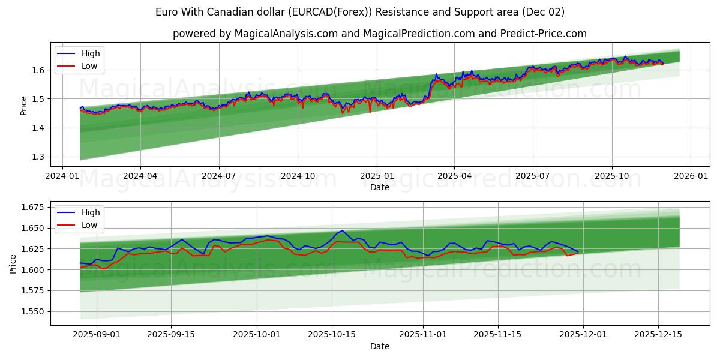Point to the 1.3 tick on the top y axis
tap(38, 157)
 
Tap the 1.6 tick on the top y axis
tap(38, 70)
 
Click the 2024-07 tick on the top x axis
tap(218, 175)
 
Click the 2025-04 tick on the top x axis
tap(454, 175)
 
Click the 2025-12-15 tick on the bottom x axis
tap(658, 334)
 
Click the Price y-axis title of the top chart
tap(23, 106)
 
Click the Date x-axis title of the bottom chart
tap(379, 346)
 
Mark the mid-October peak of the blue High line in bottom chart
tap(341, 230)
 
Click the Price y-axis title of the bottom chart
tap(13, 264)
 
